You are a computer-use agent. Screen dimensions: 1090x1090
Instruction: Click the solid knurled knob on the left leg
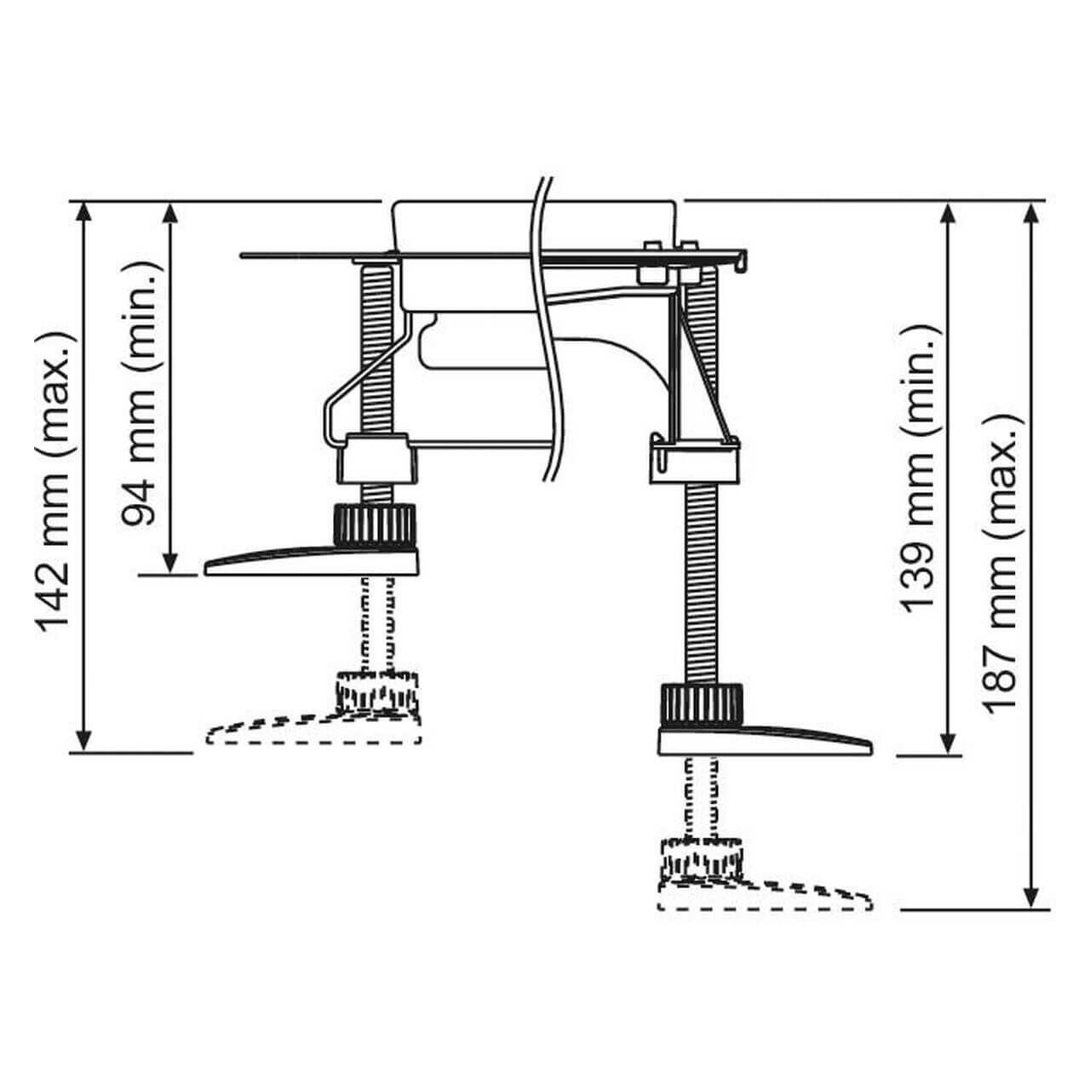374,523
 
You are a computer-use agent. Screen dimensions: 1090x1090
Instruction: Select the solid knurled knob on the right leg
701,703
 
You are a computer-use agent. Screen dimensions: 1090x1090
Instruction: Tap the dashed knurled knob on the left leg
377,691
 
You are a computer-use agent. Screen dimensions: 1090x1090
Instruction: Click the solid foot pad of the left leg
315,563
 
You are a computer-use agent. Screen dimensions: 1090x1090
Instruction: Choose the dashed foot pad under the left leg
315,731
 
